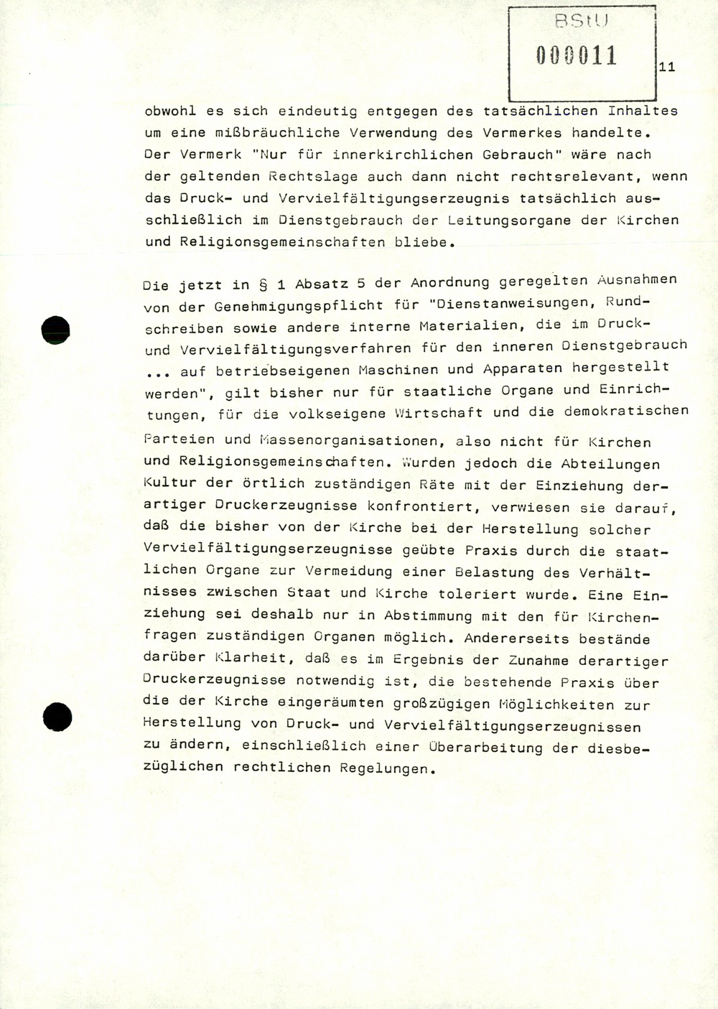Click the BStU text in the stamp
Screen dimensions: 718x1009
point(582,22)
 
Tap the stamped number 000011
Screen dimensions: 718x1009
point(577,55)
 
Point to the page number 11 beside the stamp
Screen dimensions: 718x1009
point(666,67)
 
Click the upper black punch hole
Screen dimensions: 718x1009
point(55,330)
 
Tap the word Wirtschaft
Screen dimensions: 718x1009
point(438,413)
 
